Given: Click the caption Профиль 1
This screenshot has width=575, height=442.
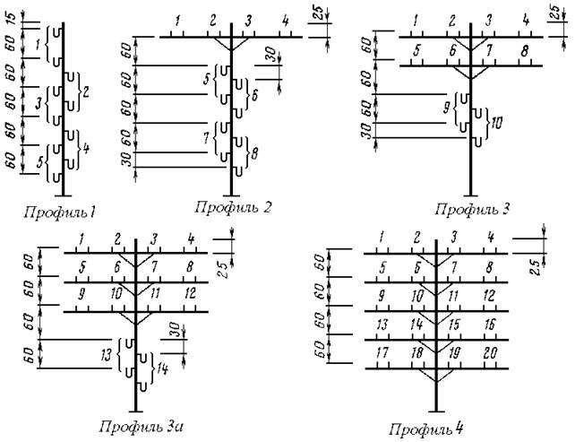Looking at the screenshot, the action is pos(59,212).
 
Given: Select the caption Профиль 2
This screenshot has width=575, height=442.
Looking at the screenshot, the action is pos(233,208).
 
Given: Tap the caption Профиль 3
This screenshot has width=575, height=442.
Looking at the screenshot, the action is pos(473,210).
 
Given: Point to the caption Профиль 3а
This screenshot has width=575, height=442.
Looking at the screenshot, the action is pos(141,427).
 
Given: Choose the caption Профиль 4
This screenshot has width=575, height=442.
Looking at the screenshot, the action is pos(426,429).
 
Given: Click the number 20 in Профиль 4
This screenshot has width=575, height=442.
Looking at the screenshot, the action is pos(490,353).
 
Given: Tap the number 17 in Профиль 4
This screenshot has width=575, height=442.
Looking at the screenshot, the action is pos(382,353).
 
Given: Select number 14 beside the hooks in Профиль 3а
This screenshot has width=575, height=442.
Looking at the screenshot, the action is pos(162,368).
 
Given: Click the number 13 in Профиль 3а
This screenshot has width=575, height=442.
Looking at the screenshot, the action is pos(107,355).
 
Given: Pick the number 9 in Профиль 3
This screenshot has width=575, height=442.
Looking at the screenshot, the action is pos(447,108).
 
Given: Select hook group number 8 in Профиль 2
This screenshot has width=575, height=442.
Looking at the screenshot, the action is pos(253,152).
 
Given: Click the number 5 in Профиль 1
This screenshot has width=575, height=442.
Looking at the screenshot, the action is pos(40,161).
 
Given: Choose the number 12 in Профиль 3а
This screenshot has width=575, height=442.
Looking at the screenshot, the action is pos(190,294).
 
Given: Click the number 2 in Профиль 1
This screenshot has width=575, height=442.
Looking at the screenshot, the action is pos(85,91).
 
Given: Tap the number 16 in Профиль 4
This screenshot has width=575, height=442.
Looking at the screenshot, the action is pos(490,325).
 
